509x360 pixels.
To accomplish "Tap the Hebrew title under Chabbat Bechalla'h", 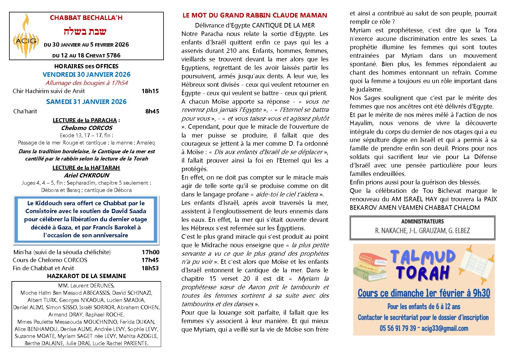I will pyautogui.click(x=85, y=31).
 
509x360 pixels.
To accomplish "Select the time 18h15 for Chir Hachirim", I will pyautogui.click(x=150, y=91).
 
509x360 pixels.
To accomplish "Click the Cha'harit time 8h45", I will pyautogui.click(x=152, y=111).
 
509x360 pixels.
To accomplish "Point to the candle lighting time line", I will pyautogui.click(x=87, y=83).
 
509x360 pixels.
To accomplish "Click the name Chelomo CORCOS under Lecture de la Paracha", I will pyautogui.click(x=87, y=128).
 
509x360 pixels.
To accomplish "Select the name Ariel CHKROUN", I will pyautogui.click(x=86, y=175).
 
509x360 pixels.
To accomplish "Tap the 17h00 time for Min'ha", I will pyautogui.click(x=151, y=252).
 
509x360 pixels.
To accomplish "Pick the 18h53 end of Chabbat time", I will pyautogui.click(x=150, y=268).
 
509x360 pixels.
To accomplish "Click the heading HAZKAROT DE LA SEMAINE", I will pyautogui.click(x=86, y=276).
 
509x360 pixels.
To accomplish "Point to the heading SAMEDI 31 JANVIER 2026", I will pyautogui.click(x=86, y=102).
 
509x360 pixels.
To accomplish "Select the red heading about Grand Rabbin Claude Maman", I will pyautogui.click(x=255, y=15).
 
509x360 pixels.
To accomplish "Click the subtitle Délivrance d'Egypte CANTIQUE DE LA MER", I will pyautogui.click(x=255, y=25).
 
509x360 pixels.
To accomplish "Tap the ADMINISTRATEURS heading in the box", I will pyautogui.click(x=422, y=222).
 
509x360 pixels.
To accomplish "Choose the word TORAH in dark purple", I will pyautogui.click(x=423, y=273).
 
